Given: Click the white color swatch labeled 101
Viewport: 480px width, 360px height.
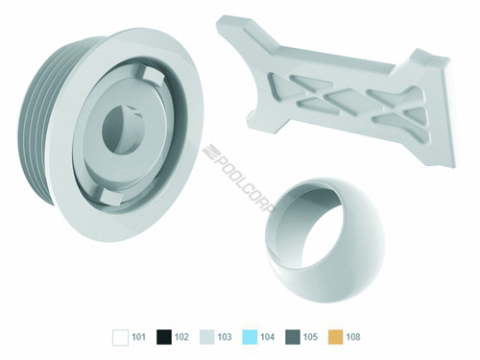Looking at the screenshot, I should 120,337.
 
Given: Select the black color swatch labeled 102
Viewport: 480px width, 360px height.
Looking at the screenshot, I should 162,337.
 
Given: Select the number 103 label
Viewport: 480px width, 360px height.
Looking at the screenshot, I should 226,338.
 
